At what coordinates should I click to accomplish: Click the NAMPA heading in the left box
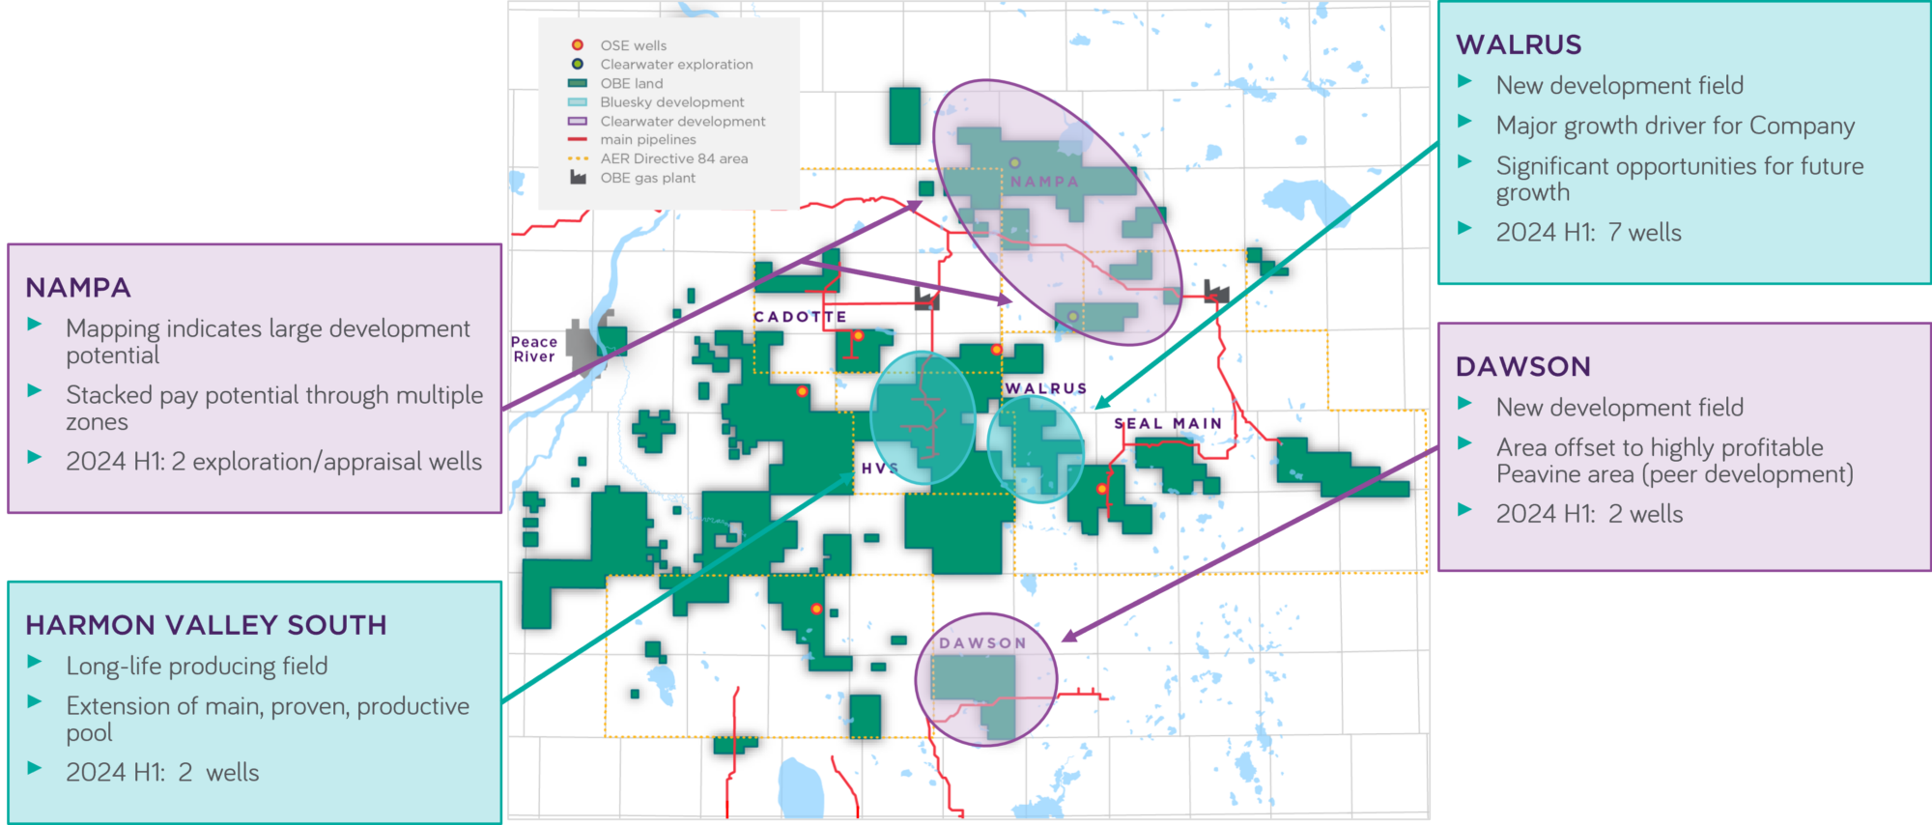(x=78, y=288)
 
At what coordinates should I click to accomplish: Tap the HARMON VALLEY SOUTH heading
(x=206, y=625)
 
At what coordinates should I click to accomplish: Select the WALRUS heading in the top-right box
(x=1519, y=45)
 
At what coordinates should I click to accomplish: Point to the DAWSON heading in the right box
(x=1522, y=367)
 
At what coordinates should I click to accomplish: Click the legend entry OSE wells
(x=633, y=45)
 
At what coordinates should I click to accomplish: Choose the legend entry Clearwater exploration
(x=676, y=65)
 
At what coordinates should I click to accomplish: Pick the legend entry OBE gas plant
(x=647, y=178)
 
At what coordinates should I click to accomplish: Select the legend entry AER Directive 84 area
(x=673, y=158)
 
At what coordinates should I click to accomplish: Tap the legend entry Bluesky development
(x=671, y=102)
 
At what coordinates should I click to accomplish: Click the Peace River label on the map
(x=534, y=349)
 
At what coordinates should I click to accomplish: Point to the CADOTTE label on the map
(x=800, y=317)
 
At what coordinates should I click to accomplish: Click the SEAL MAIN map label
(x=1168, y=423)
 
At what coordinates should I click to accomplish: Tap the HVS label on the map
(x=879, y=469)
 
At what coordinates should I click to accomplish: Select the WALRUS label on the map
(x=1046, y=388)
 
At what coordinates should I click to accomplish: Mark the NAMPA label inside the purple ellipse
(x=1044, y=182)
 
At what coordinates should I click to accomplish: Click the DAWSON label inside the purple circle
(x=982, y=643)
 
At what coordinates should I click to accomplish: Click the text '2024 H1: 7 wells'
(x=1588, y=233)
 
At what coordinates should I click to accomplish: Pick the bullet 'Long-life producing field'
(x=197, y=667)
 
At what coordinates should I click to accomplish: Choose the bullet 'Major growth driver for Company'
(x=1675, y=126)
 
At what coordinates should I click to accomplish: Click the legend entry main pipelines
(x=647, y=140)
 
